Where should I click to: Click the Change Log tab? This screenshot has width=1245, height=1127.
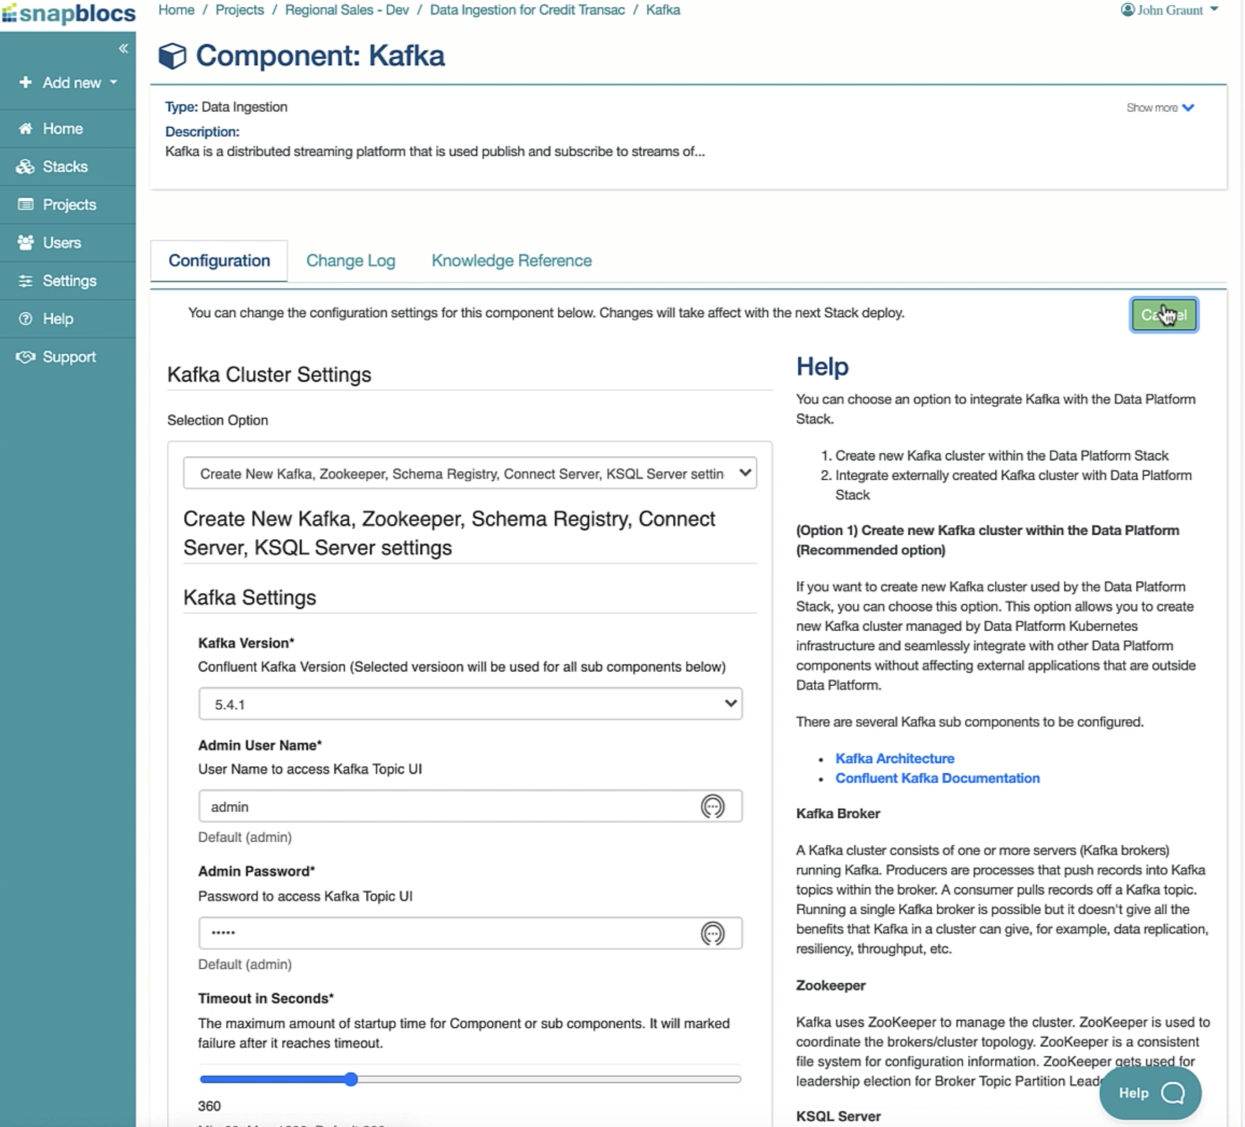point(350,260)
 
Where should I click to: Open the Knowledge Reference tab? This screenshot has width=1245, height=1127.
point(511,260)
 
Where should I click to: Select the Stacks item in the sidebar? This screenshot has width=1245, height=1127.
point(65,167)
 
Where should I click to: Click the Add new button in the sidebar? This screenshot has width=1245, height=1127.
point(69,83)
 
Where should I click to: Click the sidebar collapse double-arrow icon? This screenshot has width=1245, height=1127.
point(124,48)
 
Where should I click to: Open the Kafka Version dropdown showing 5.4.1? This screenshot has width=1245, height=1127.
point(470,704)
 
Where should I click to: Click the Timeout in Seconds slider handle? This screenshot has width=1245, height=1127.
point(351,1080)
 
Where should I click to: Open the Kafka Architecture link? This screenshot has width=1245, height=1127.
point(894,759)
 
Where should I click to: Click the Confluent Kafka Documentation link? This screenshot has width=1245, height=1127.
point(937,778)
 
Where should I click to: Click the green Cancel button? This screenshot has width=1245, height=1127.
point(1163,315)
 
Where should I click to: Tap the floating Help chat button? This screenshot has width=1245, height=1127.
point(1150,1093)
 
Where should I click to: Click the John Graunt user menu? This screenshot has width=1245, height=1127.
point(1170,10)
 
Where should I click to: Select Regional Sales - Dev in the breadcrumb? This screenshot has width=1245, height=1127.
point(346,10)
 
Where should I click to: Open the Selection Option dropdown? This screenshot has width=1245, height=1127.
point(470,474)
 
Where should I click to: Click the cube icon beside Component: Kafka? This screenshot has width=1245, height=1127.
point(172,56)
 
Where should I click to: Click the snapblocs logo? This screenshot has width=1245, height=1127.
point(69,14)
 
